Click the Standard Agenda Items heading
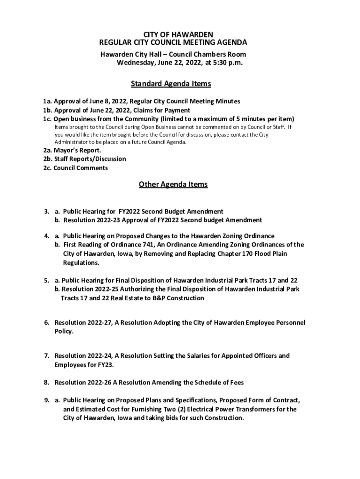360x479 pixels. (171, 84)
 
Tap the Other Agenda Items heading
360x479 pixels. (173, 184)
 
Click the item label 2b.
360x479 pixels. (47, 159)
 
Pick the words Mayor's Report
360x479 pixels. (77, 150)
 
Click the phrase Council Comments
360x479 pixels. (80, 168)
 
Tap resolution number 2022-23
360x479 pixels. (108, 220)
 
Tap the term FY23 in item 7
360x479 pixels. (105, 365)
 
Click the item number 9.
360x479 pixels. (47, 400)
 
